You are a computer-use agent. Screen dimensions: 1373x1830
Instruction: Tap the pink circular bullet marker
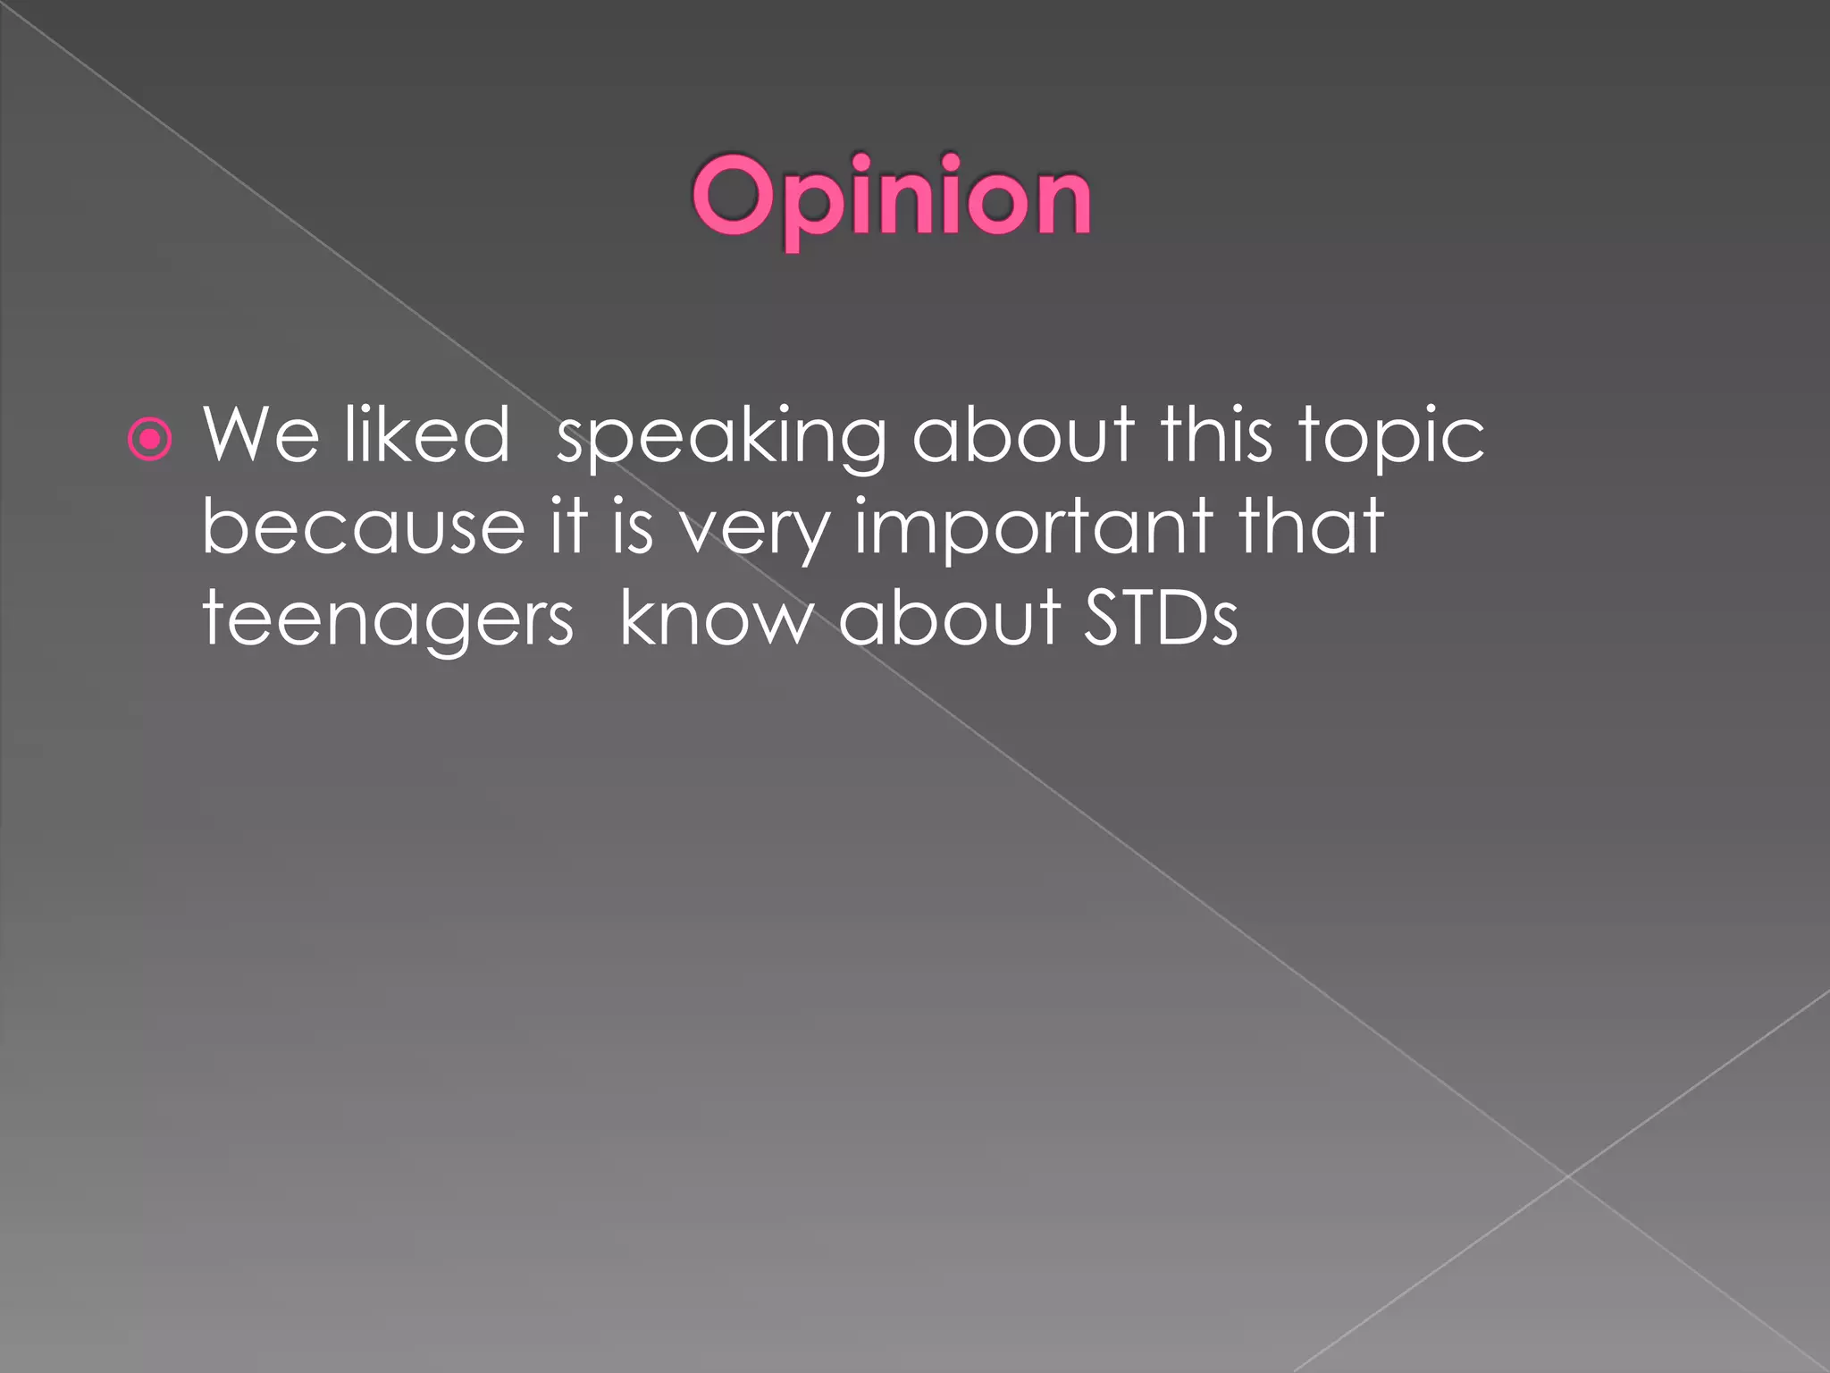(x=149, y=439)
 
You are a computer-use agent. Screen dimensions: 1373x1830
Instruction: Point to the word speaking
(x=720, y=438)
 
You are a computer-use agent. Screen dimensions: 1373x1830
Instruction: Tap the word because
(x=363, y=526)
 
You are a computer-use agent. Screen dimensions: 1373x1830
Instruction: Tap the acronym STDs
(x=1161, y=618)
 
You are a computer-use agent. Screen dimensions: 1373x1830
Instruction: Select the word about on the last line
(x=949, y=618)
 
